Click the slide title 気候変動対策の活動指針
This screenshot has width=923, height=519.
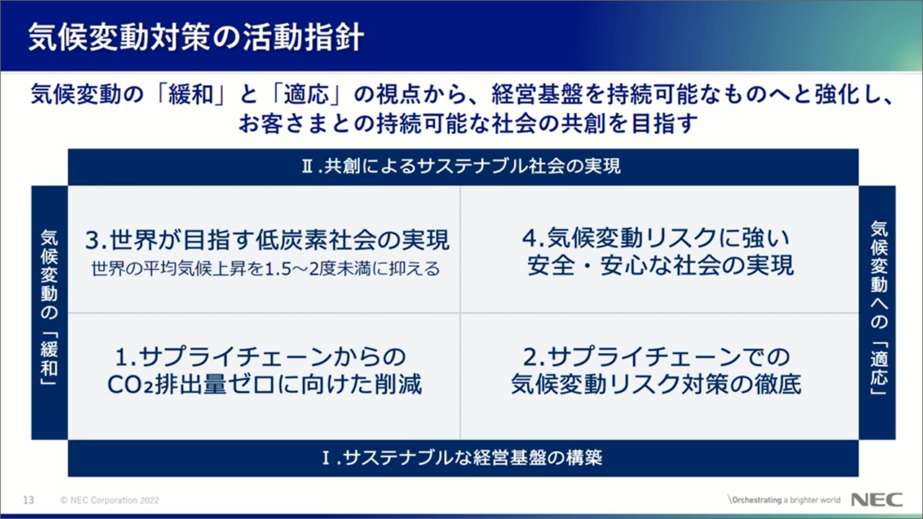coord(196,37)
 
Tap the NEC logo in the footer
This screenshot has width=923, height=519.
coord(877,500)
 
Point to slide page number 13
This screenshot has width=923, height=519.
coord(28,500)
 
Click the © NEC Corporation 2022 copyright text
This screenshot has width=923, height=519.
coord(110,500)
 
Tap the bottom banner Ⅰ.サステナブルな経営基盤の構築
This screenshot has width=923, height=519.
coord(462,458)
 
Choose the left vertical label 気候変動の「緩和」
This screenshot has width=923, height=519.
coord(49,308)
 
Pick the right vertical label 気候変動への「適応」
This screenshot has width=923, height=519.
coord(878,308)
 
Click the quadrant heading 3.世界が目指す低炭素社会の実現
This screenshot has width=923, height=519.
coord(267,240)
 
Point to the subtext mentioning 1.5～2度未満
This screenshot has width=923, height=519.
coord(265,269)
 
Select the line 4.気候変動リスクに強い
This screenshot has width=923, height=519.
coord(656,238)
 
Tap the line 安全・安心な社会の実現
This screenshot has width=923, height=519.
coord(660,265)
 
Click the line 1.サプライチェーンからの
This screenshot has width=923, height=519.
coord(260,357)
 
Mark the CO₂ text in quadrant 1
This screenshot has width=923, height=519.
coord(131,385)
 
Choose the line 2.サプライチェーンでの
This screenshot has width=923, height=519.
coord(656,357)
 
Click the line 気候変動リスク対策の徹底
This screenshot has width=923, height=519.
coord(656,384)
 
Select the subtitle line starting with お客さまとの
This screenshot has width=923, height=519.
coord(468,123)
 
